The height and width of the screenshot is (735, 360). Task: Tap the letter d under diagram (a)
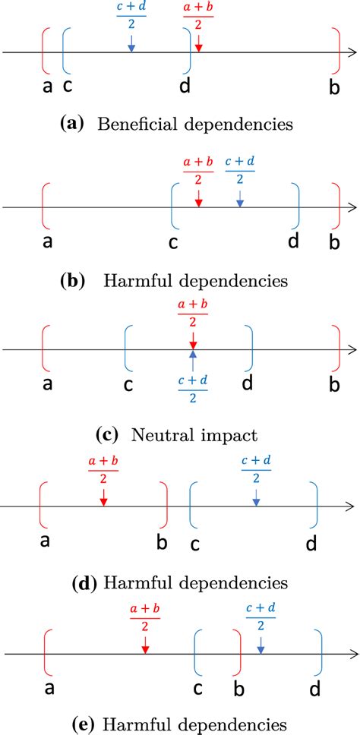[x=185, y=86]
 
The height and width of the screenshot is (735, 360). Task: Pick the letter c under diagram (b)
[x=174, y=243]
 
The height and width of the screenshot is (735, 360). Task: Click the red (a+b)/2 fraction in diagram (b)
[x=197, y=170]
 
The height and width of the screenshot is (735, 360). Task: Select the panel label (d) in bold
[x=81, y=583]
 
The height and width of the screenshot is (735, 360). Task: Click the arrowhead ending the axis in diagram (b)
[x=352, y=207]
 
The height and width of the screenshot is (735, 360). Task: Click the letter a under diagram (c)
[x=48, y=385]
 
